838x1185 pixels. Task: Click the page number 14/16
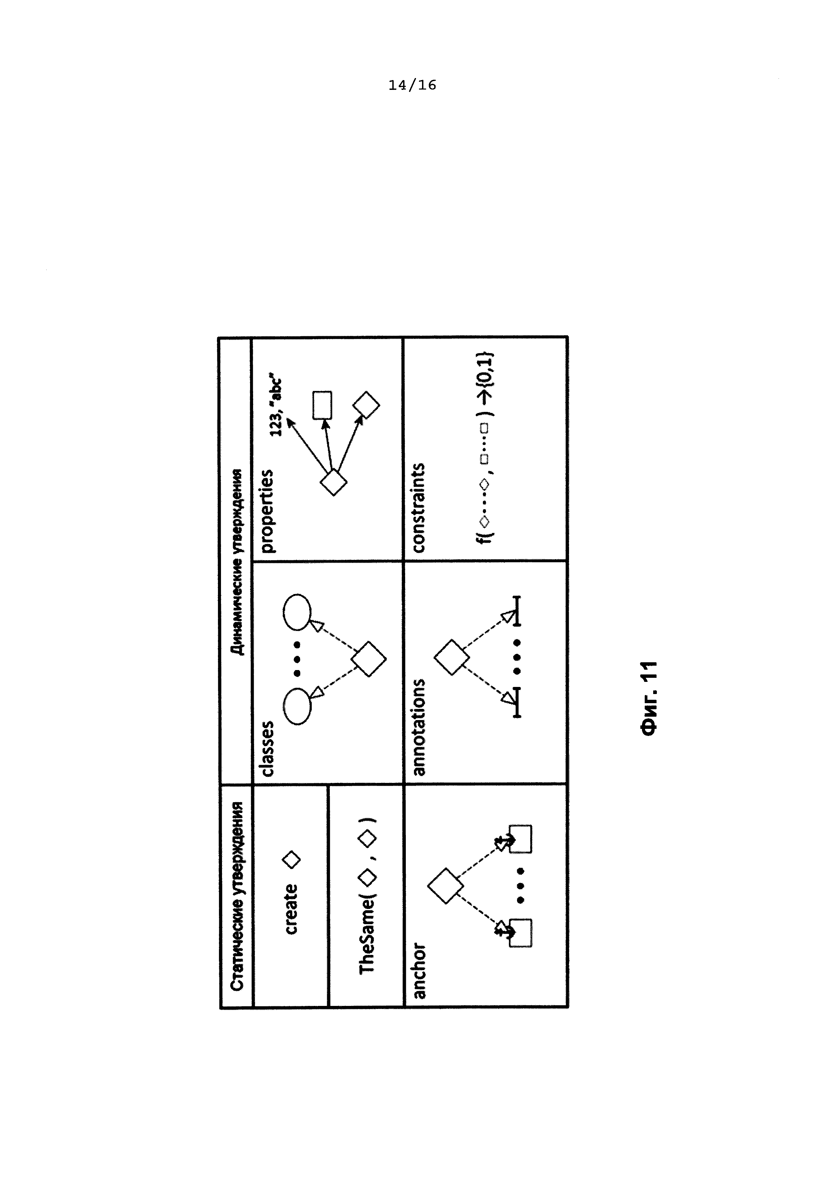pos(412,85)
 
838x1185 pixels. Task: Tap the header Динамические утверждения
pos(237,562)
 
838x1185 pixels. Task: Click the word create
pos(291,909)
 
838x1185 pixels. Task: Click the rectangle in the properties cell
pos(322,405)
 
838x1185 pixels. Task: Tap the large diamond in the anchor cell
pos(445,886)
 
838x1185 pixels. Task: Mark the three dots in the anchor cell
pos(520,886)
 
